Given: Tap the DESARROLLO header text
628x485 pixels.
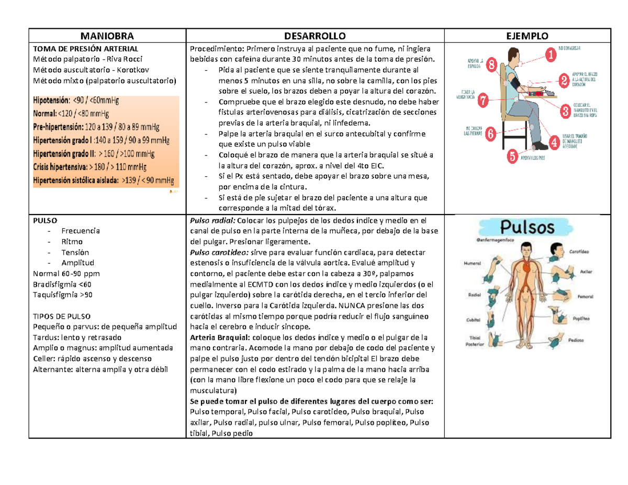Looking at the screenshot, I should [x=315, y=36].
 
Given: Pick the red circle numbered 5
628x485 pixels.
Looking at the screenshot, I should [x=512, y=156].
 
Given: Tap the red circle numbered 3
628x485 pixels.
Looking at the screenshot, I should [x=565, y=110].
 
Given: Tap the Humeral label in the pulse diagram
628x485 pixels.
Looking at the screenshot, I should [x=472, y=265].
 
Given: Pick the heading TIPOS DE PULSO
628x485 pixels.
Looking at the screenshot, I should [x=61, y=317].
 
